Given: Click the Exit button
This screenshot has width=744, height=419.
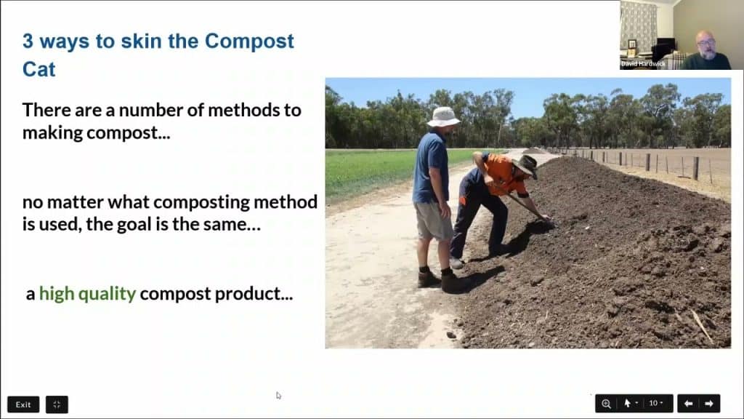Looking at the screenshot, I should pos(23,404).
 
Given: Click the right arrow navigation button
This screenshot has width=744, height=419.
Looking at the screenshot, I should pos(709,403).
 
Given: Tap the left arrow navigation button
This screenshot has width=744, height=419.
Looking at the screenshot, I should pos(688,403).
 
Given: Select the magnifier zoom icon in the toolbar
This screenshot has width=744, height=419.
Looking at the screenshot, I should pos(606,403).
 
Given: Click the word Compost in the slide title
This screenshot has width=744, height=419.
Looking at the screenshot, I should pos(249,41).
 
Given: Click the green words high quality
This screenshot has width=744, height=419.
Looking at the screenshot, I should pos(87,294).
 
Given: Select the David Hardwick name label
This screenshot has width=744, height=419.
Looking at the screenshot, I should pos(643,65).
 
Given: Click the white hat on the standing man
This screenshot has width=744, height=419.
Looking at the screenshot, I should pos(442,116).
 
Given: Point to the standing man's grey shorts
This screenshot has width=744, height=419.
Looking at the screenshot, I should pos(433,220).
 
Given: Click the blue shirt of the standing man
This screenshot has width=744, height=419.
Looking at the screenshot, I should pos(432,166).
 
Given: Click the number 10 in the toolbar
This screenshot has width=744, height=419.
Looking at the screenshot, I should pos(653,403).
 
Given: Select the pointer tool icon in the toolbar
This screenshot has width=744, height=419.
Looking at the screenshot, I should pos(628,403).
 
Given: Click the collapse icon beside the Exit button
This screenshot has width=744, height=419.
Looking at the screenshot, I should pos(57,404).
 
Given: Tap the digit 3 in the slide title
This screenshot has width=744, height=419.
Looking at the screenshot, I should pos(28,41).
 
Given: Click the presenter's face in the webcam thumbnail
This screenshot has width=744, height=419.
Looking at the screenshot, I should pos(705,44).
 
